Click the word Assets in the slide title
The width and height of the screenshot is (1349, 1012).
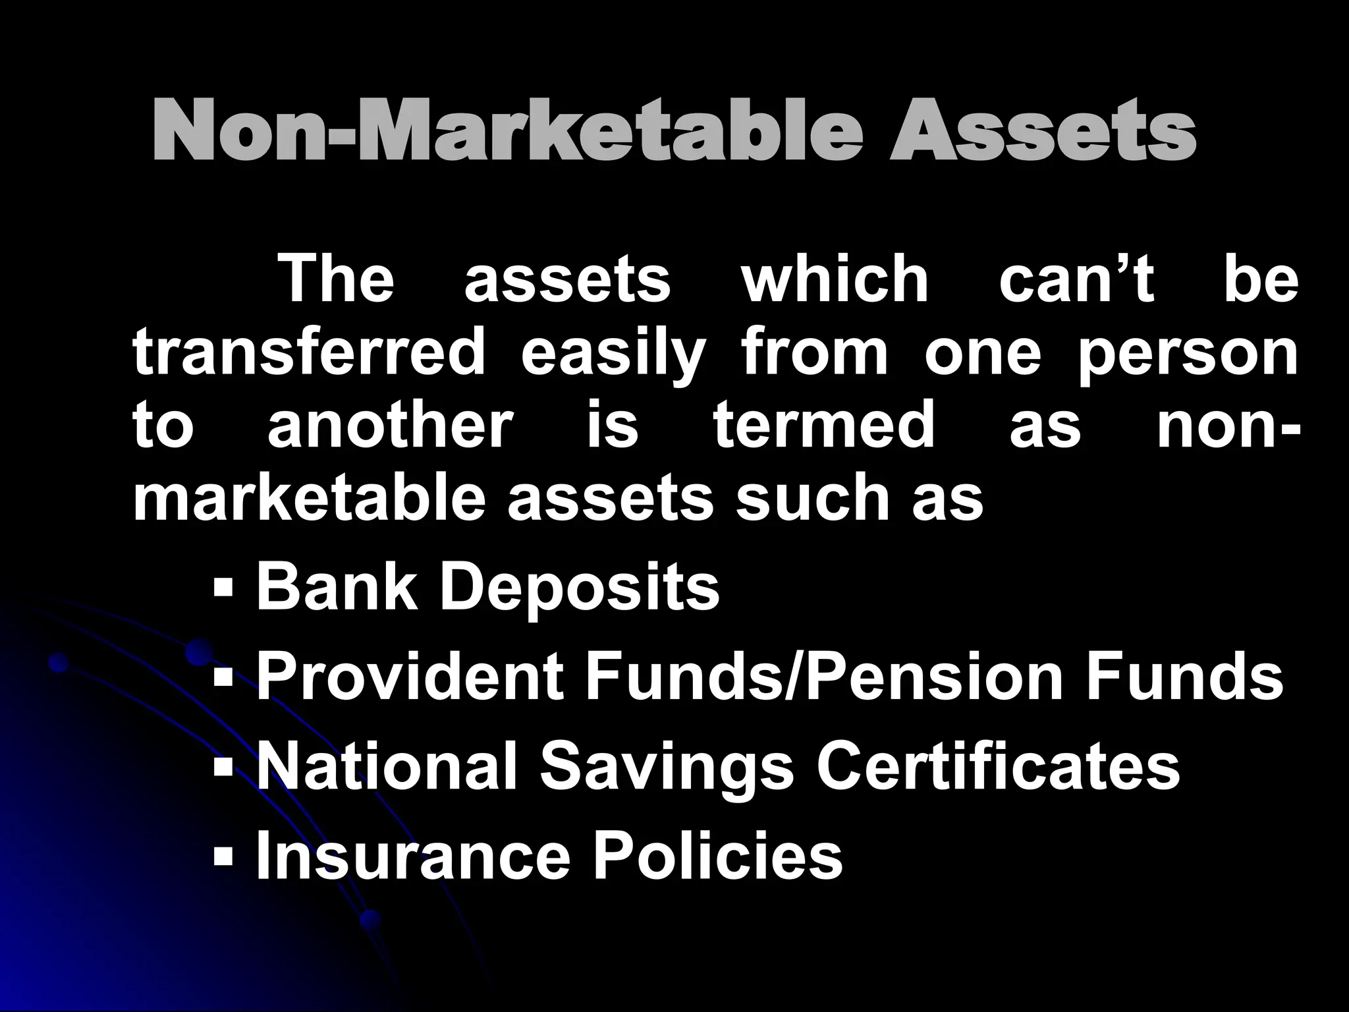click(1042, 132)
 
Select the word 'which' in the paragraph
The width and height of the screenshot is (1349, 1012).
click(835, 280)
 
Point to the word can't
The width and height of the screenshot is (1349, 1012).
click(1076, 280)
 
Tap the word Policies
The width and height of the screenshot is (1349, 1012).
click(718, 857)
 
